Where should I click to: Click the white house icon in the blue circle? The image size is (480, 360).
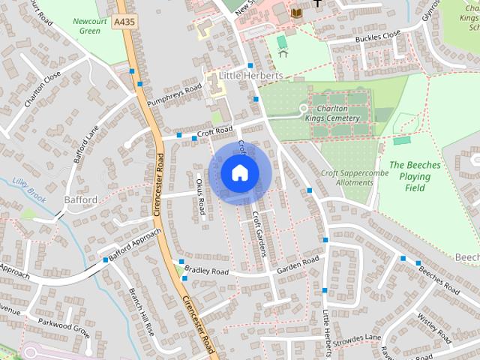pos(239,172)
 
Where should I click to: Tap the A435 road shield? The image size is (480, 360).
pos(124,23)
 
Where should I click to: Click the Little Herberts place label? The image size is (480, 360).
pos(251,76)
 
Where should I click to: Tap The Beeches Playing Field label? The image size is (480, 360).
pos(410,176)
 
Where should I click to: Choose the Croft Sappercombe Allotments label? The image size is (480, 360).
pos(346,177)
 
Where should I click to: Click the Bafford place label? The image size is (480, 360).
pos(81,200)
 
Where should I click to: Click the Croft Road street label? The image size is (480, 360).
pos(215,132)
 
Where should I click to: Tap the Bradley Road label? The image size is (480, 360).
pos(206,270)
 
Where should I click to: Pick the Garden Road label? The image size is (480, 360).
pos(298,264)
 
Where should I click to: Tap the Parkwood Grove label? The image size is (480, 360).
pos(64,327)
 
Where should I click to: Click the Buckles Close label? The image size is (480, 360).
pos(379,35)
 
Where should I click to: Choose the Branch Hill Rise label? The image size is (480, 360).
pos(141,310)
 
